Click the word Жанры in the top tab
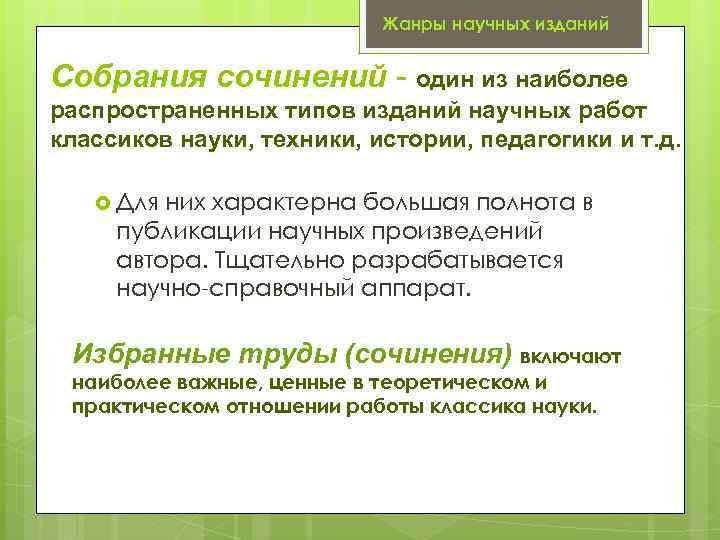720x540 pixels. click(409, 23)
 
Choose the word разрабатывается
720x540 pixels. click(454, 262)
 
